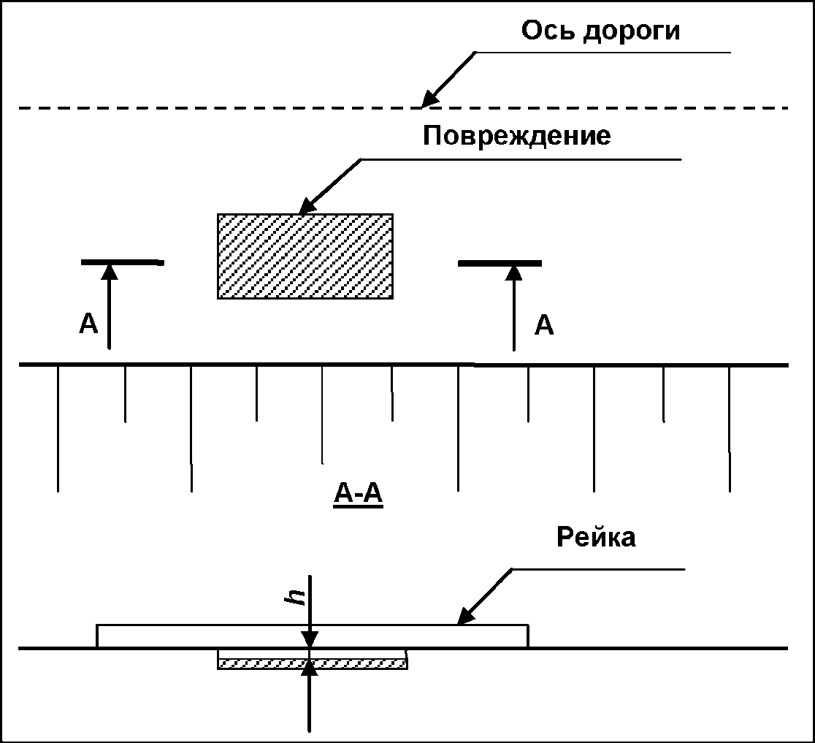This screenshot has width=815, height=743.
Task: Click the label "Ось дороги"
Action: [x=600, y=31]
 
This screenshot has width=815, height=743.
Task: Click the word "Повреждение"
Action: [x=516, y=136]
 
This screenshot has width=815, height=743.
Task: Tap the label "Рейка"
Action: [x=596, y=537]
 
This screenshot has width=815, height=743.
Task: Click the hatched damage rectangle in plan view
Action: [x=305, y=256]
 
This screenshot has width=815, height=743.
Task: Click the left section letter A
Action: [x=88, y=324]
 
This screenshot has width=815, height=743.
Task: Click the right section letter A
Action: [x=544, y=324]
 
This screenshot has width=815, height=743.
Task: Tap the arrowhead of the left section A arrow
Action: [x=109, y=271]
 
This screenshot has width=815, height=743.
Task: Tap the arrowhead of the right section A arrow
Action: [x=514, y=271]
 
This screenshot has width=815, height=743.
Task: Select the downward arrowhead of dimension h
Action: [x=310, y=640]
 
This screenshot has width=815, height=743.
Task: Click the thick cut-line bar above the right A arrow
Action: [x=500, y=262]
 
